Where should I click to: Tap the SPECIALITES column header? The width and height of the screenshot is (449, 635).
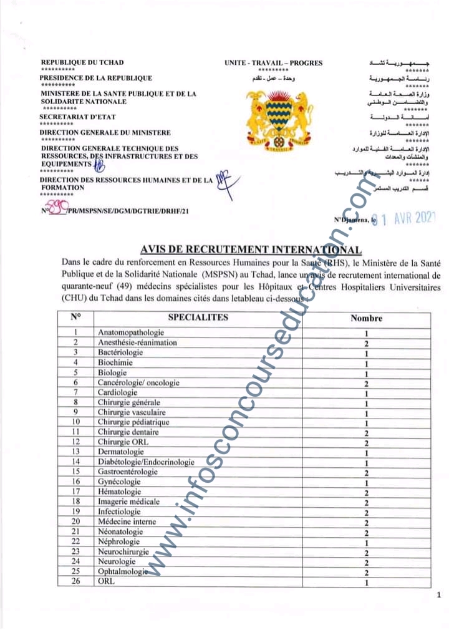point(198,317)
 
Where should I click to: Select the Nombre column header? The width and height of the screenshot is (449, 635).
point(366,318)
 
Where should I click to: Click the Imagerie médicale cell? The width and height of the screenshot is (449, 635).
point(128,502)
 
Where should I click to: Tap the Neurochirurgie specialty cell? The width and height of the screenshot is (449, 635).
point(123,551)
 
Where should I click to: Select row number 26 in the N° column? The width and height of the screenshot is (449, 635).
point(75,581)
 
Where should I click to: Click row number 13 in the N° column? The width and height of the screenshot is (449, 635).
point(75,452)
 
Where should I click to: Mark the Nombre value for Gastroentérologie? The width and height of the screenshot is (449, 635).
point(367,472)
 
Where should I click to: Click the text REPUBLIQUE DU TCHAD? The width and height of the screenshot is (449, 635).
point(82,62)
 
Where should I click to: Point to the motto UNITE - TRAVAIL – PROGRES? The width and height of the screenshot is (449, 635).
point(274,62)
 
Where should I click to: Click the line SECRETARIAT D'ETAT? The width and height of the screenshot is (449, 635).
point(78,117)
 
